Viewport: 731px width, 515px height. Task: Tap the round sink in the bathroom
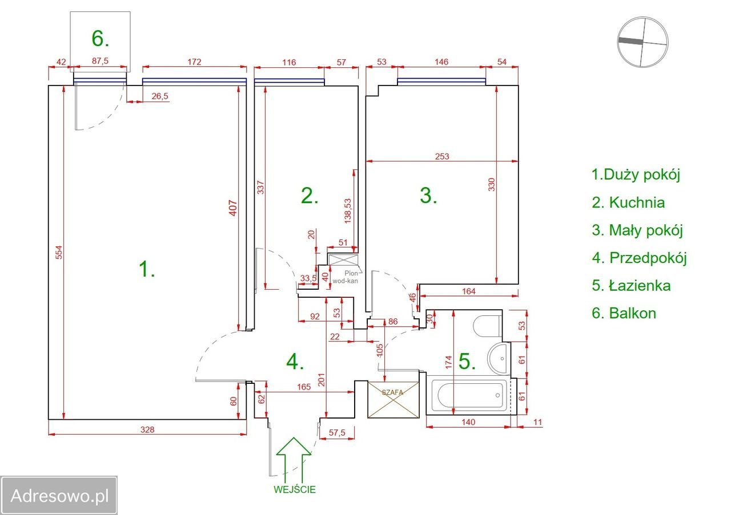click(499, 359)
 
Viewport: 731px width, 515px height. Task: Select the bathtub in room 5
click(470, 395)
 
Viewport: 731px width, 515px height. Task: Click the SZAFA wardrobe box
click(393, 400)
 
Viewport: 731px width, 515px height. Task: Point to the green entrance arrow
click(294, 461)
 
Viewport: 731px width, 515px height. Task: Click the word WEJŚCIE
click(294, 489)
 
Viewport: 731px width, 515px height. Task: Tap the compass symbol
click(642, 42)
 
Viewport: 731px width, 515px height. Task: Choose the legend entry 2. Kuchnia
click(628, 202)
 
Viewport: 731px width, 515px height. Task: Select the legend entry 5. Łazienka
click(631, 286)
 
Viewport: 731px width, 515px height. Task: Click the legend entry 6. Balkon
click(624, 313)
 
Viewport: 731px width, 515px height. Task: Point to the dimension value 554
click(59, 252)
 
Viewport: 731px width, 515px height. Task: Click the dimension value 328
click(147, 429)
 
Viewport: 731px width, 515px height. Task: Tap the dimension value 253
click(442, 156)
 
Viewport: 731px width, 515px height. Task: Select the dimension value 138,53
click(348, 211)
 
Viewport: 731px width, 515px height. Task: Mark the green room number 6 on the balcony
click(100, 38)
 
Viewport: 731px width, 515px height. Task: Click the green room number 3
click(428, 196)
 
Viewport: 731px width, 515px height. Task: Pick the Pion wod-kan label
click(347, 277)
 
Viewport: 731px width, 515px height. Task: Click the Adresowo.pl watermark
click(59, 496)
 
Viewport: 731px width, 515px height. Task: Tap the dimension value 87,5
click(100, 61)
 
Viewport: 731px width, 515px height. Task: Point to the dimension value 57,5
click(337, 432)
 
